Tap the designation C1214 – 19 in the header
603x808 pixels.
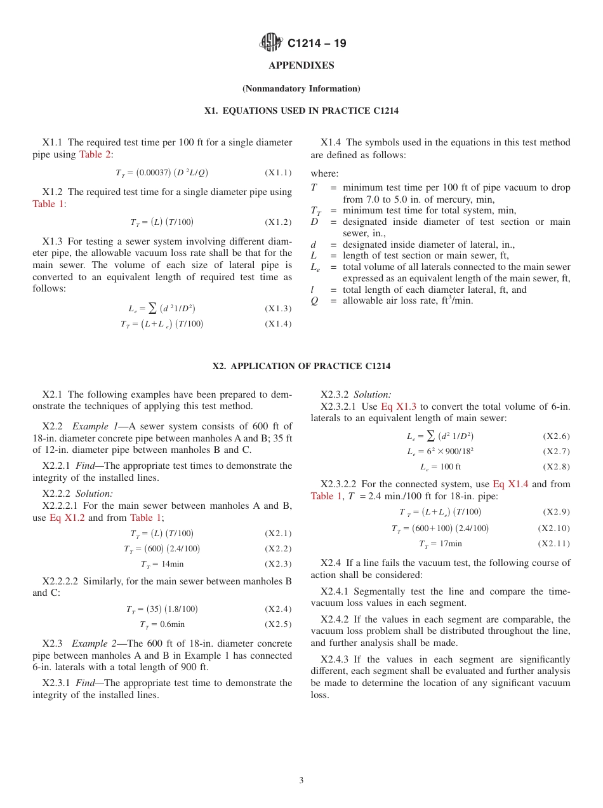(317, 44)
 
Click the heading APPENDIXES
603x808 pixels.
(301, 65)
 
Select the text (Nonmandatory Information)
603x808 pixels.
(301, 89)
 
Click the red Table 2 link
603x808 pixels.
(95, 154)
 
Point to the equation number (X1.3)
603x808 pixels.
(278, 309)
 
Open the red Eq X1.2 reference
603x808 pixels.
(67, 518)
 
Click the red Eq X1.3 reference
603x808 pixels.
(399, 407)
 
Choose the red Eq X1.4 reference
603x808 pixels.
(510, 484)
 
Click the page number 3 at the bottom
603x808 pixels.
(301, 781)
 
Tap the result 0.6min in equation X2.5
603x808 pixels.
(173, 624)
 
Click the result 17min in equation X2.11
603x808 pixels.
(450, 544)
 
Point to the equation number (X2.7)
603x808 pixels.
(556, 452)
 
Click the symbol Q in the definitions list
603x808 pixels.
(314, 301)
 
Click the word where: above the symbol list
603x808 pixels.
(324, 173)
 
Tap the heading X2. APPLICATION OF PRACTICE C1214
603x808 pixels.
(301, 367)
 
